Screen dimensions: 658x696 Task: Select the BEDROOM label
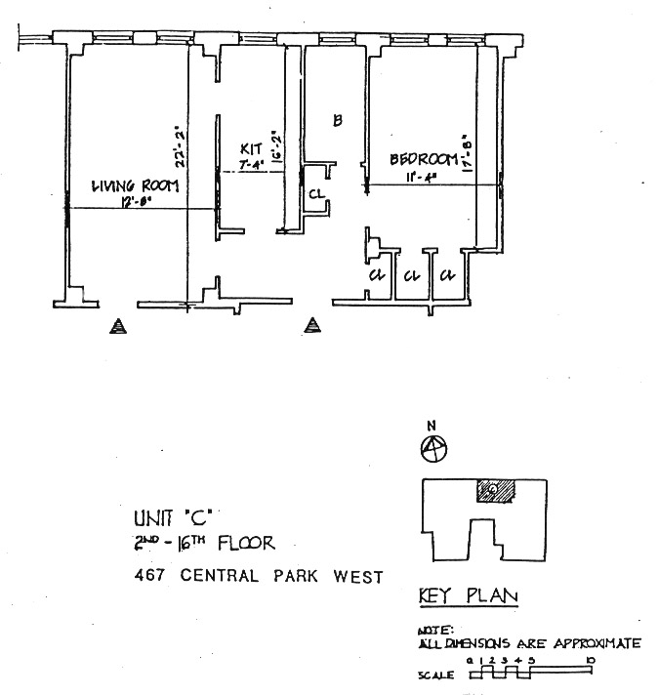[424, 158]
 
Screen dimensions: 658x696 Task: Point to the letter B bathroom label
[337, 121]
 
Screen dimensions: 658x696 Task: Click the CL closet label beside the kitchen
[315, 193]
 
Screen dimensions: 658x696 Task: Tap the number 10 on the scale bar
[591, 661]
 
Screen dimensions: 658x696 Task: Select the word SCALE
[435, 673]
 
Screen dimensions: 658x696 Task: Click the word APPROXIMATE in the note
[596, 642]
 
